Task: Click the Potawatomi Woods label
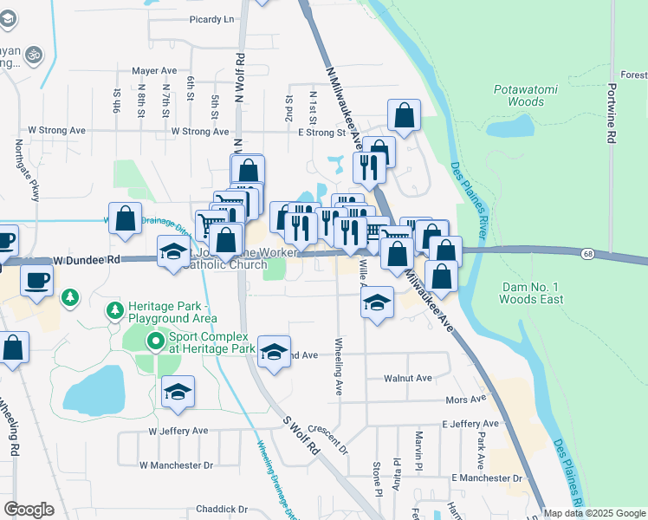pyautogui.click(x=519, y=95)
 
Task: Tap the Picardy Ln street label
pyautogui.click(x=212, y=19)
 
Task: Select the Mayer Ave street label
pyautogui.click(x=154, y=71)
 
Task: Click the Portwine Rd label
pyautogui.click(x=611, y=114)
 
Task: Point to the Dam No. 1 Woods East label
pyautogui.click(x=532, y=293)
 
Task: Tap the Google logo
pyautogui.click(x=29, y=510)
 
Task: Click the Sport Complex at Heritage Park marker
pyautogui.click(x=155, y=342)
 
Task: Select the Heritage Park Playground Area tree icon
pyautogui.click(x=113, y=310)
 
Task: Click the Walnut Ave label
pyautogui.click(x=409, y=379)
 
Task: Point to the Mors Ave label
pyautogui.click(x=465, y=400)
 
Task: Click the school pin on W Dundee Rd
pyautogui.click(x=173, y=252)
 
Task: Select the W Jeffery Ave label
pyautogui.click(x=178, y=431)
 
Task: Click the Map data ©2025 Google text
pyautogui.click(x=593, y=513)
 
